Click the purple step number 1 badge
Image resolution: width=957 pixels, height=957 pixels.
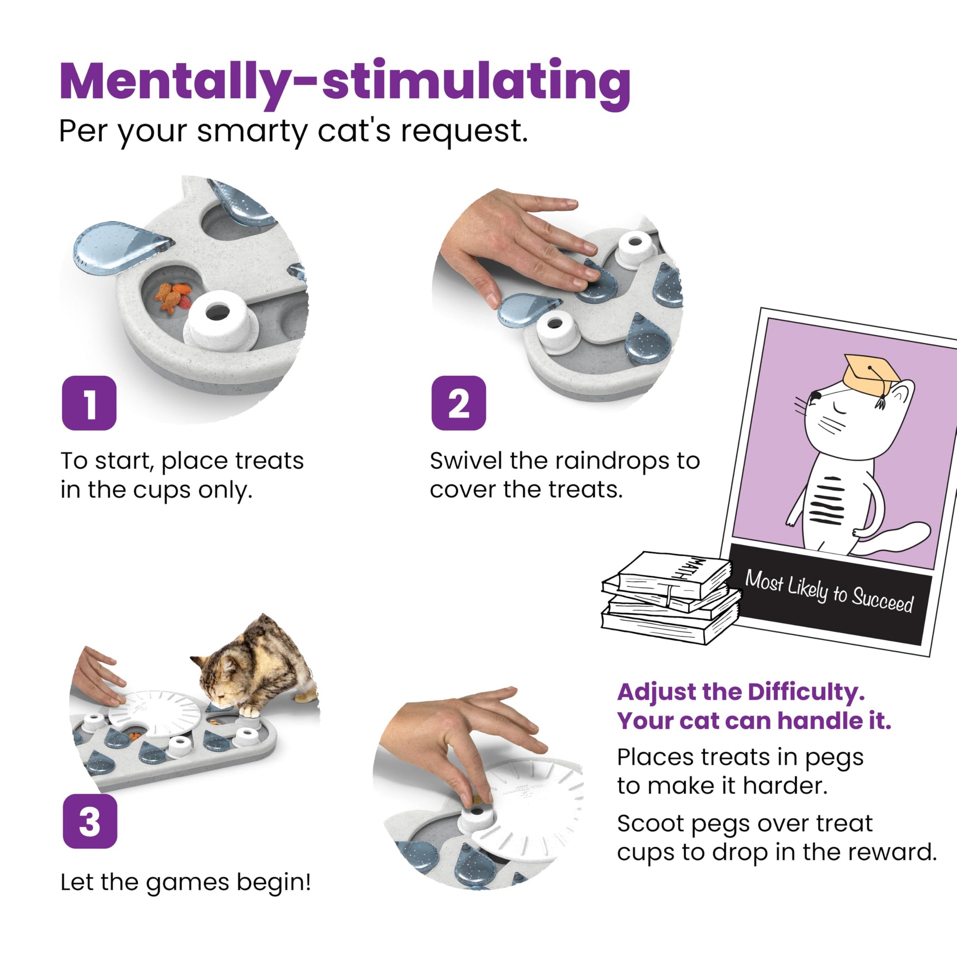coord(89,403)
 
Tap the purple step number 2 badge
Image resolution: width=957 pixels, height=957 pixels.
coord(459,403)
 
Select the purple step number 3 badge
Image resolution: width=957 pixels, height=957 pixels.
coord(90,821)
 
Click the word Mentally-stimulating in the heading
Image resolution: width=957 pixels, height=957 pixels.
coord(345,82)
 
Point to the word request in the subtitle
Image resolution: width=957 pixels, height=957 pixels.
coord(464,132)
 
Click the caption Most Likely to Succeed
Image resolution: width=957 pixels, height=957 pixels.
coord(829,592)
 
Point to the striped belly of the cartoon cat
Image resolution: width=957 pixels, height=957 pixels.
coord(826,501)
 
